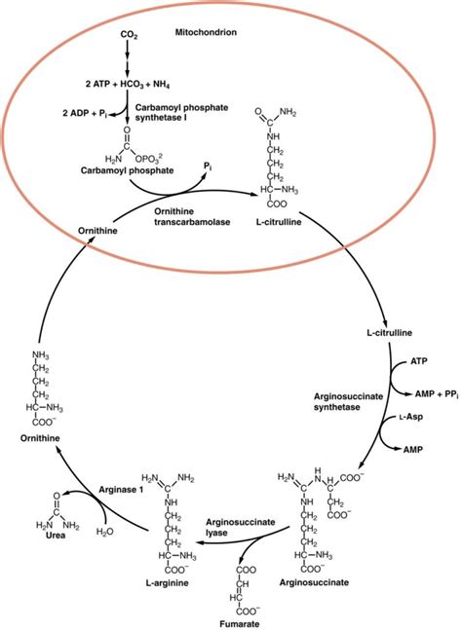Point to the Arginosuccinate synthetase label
[346, 403]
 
